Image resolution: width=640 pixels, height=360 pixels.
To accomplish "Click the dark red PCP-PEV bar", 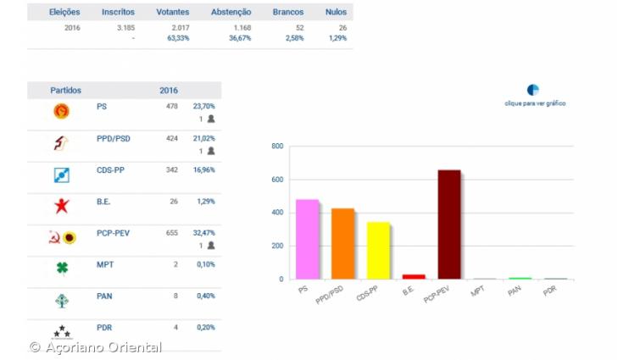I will coord(449,224).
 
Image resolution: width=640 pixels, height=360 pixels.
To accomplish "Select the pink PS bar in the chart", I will coord(308,240).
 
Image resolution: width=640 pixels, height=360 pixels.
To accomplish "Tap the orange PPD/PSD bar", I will coord(342,244).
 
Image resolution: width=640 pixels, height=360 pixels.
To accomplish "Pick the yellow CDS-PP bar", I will coord(378,251).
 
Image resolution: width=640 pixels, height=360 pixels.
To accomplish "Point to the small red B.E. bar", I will coord(414,276).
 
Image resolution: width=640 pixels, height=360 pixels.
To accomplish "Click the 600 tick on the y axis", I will coord(277,180).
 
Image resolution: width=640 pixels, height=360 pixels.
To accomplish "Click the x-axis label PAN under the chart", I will coord(514,291).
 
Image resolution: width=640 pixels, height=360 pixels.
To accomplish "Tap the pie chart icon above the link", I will coord(533,90).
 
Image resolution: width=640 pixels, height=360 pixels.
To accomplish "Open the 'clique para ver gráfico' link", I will coord(535,103).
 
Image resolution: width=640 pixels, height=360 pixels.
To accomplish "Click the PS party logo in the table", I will coord(62,111).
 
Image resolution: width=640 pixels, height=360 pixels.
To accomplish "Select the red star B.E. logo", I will coord(62,205).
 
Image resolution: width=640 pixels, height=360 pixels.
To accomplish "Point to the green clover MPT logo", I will coord(62,269).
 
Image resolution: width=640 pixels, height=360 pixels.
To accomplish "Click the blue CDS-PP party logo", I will coord(62,175).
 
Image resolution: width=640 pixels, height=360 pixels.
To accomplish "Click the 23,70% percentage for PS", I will coord(203,107).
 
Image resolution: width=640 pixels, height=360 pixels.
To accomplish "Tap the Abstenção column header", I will coord(231,13).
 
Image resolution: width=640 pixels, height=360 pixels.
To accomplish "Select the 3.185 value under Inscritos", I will coord(124,28).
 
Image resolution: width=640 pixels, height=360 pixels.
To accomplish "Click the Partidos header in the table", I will coord(65,90).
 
